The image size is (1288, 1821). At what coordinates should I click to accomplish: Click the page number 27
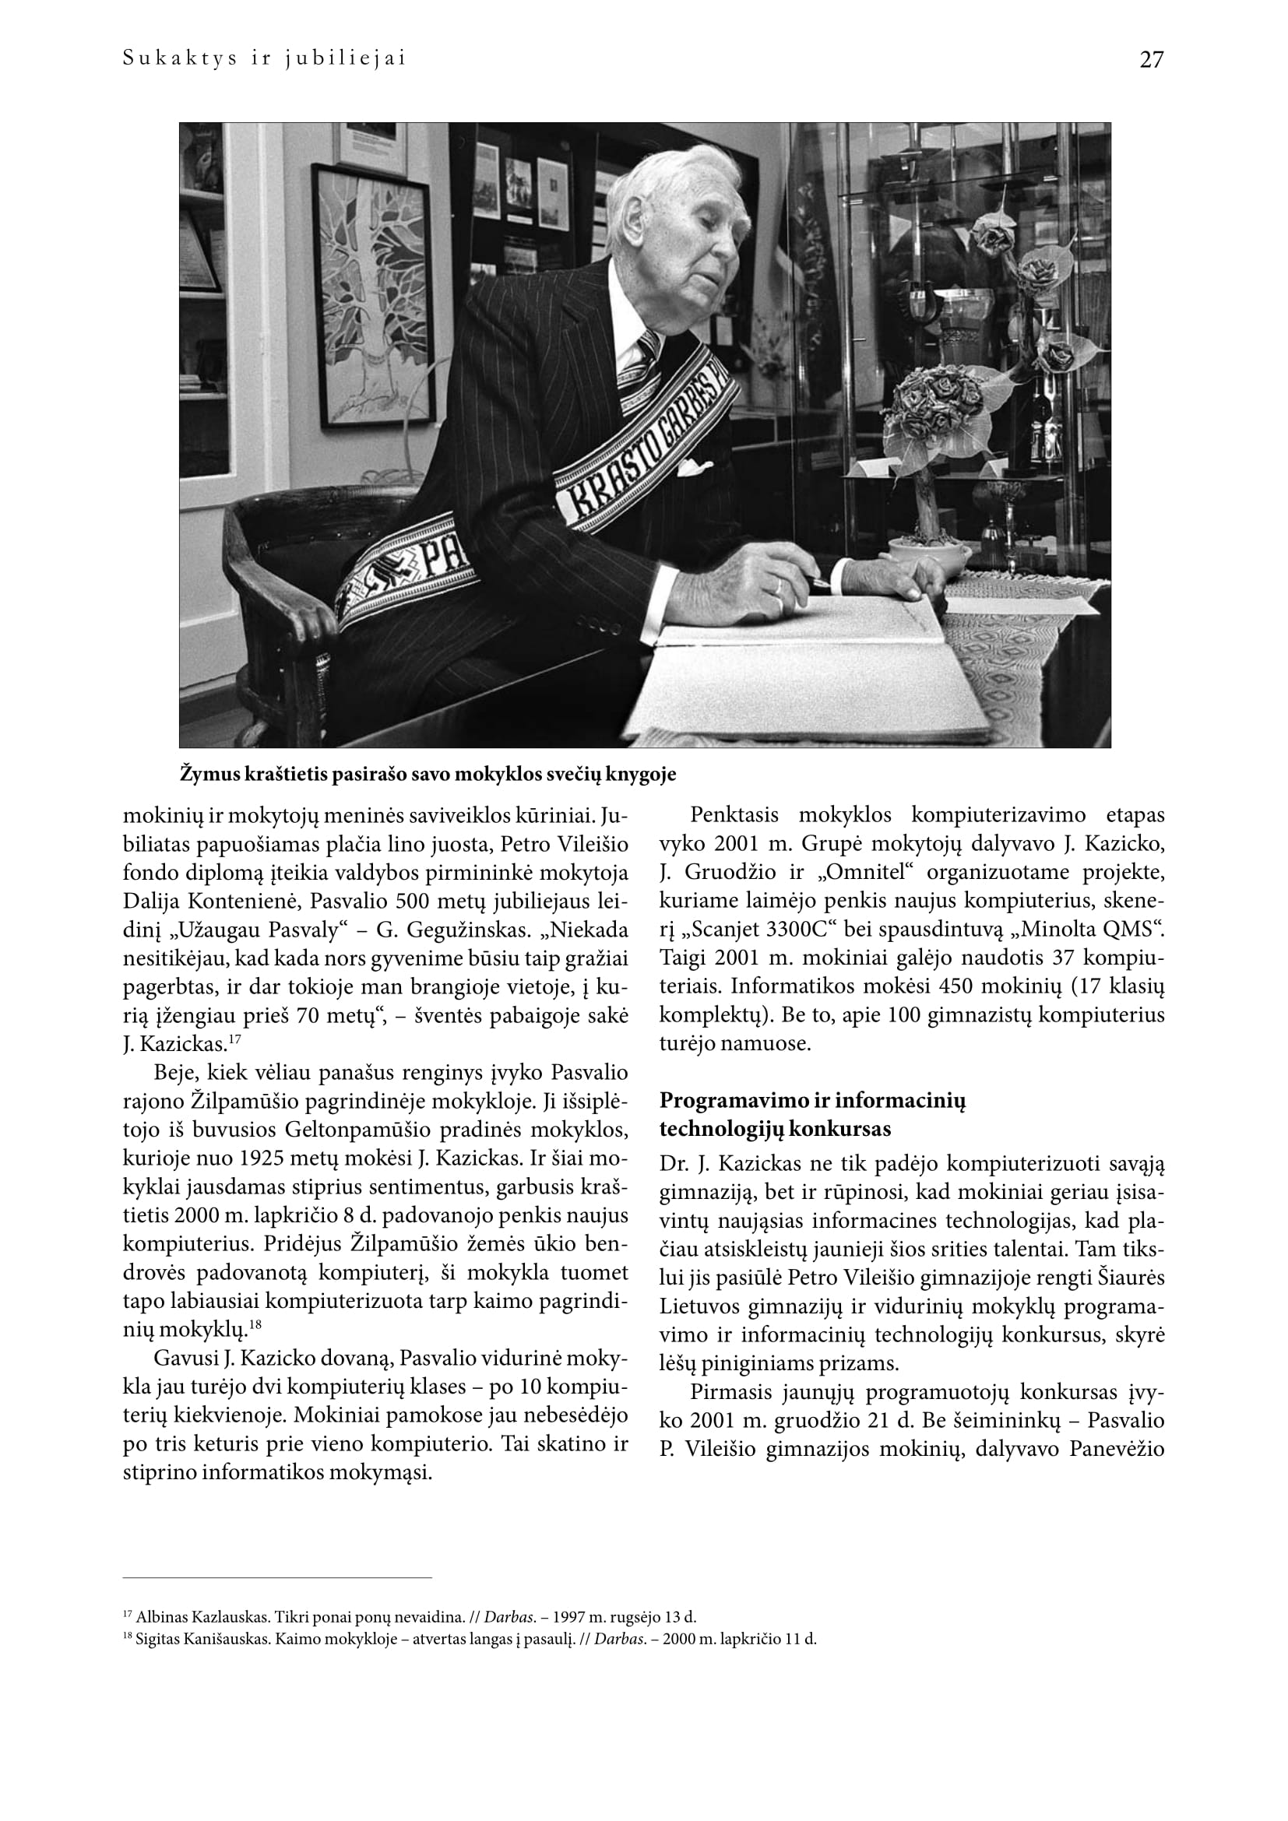1151,59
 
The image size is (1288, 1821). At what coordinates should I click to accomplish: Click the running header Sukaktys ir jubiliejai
264,58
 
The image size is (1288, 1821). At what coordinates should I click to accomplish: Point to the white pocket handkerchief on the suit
695,468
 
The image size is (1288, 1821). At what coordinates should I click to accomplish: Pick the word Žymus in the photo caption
208,774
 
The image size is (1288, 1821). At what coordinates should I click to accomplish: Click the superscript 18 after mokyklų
255,1324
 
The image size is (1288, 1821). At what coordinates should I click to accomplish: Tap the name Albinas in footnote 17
159,1617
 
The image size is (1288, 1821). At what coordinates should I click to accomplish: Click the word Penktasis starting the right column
734,815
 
